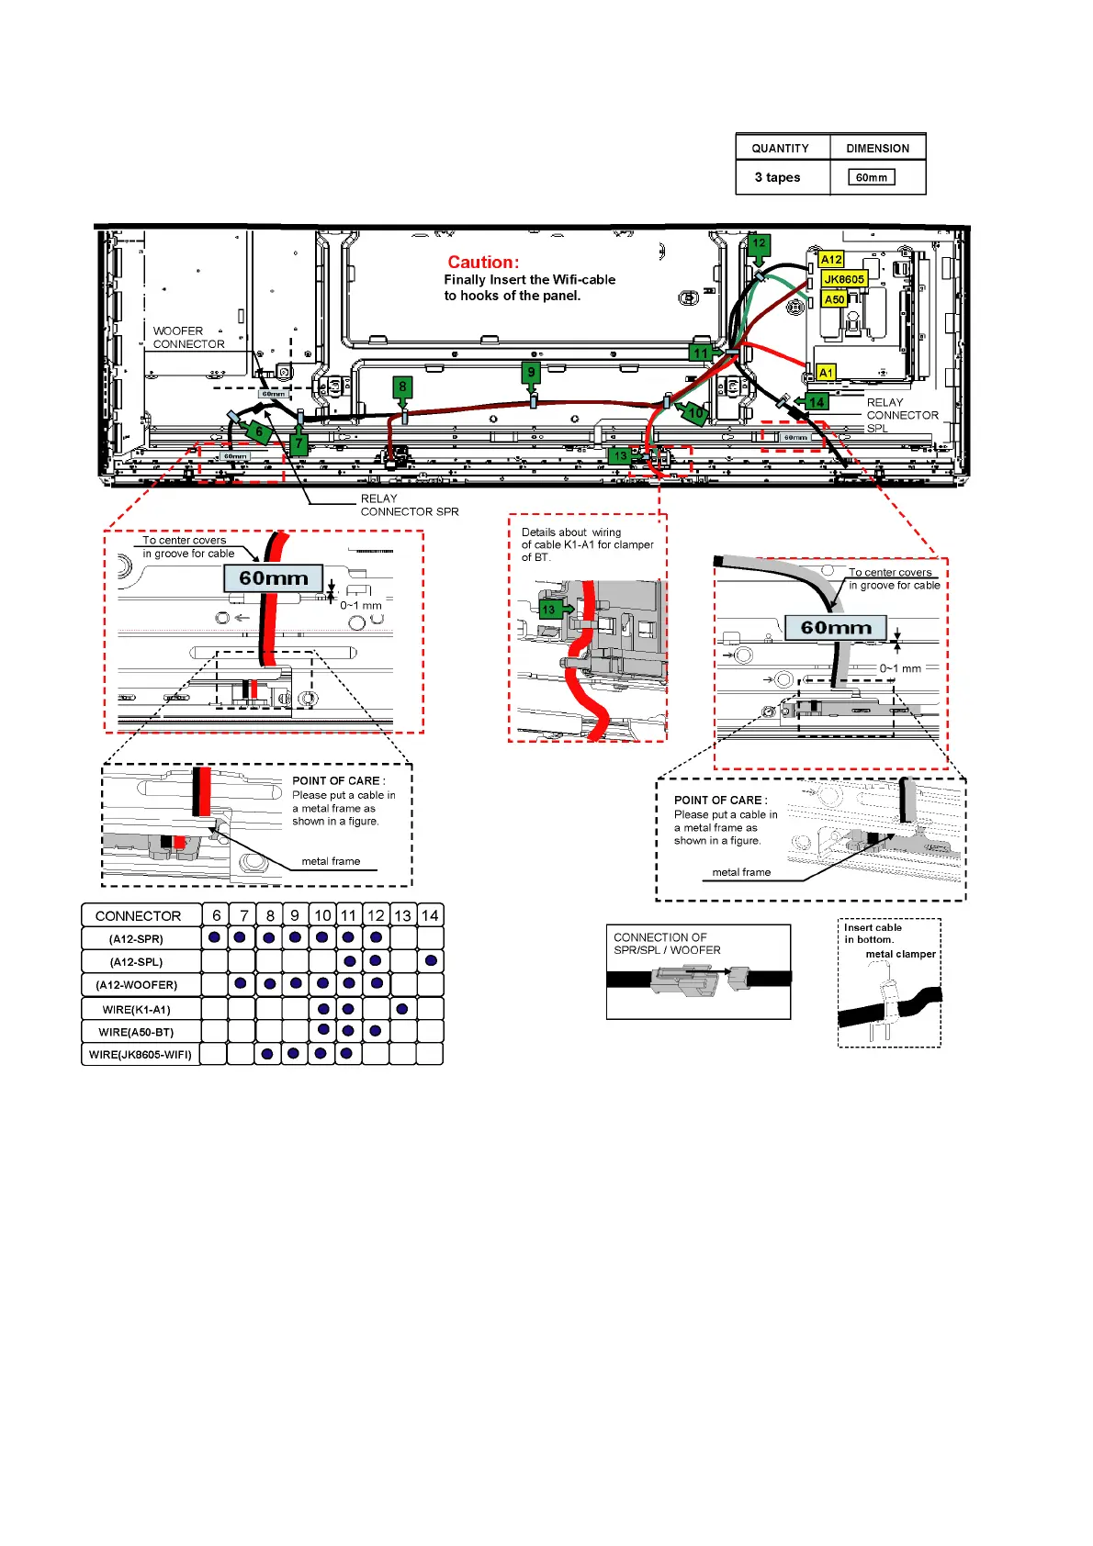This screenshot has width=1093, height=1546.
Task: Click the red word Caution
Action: pyautogui.click(x=483, y=263)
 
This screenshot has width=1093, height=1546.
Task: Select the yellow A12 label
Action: pyautogui.click(x=831, y=260)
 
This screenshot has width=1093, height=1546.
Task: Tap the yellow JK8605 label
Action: pyautogui.click(x=843, y=279)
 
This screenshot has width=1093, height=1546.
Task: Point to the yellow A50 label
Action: pyautogui.click(x=834, y=299)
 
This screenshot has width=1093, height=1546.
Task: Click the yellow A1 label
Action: pyautogui.click(x=826, y=373)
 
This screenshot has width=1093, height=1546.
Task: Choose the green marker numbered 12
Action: pyautogui.click(x=759, y=244)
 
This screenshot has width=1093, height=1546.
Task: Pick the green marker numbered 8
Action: pyautogui.click(x=402, y=386)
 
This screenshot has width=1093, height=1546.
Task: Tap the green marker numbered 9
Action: pyautogui.click(x=531, y=373)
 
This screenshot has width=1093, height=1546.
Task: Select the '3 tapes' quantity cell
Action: pyautogui.click(x=778, y=177)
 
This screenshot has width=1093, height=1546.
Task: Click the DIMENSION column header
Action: pyautogui.click(x=877, y=148)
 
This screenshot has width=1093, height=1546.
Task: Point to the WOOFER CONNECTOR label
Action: pyautogui.click(x=188, y=338)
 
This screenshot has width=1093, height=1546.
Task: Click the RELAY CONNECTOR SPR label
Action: pyautogui.click(x=409, y=505)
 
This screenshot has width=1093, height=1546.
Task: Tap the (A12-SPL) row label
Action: pyautogui.click(x=137, y=962)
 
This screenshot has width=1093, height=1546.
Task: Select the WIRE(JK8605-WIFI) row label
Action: pyautogui.click(x=141, y=1055)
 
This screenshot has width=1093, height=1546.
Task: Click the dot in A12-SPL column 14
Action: pyautogui.click(x=431, y=961)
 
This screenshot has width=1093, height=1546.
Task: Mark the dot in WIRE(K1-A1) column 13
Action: pyautogui.click(x=402, y=1009)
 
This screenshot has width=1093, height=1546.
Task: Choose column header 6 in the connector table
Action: pyautogui.click(x=217, y=915)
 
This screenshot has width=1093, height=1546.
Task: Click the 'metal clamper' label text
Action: pyautogui.click(x=900, y=954)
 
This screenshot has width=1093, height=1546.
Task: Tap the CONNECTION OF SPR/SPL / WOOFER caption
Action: pyautogui.click(x=667, y=944)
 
